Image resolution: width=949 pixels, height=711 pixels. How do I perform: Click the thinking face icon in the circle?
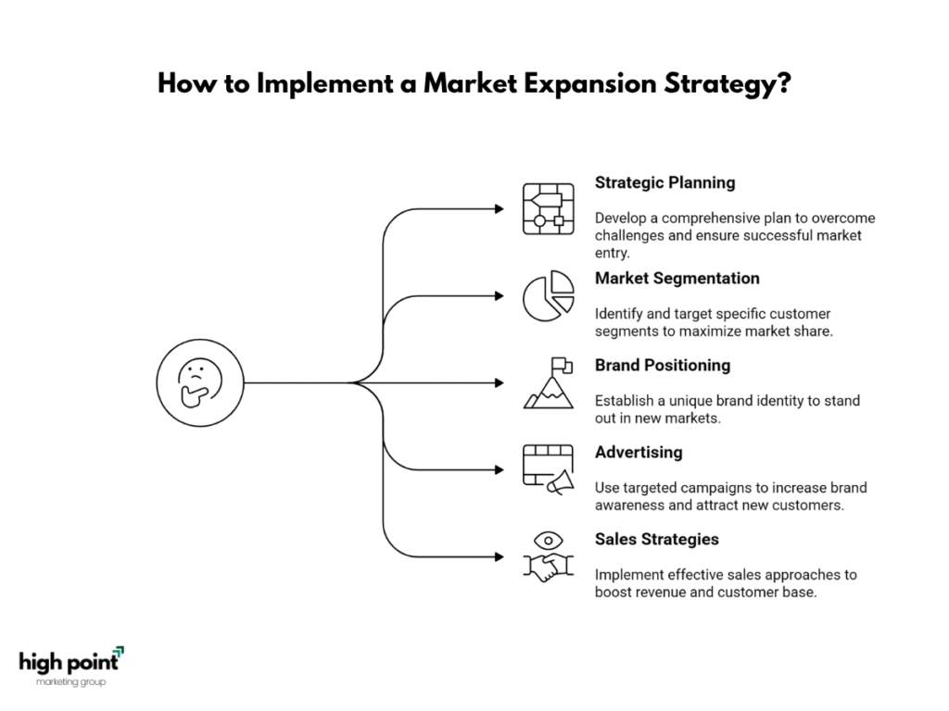[x=200, y=382]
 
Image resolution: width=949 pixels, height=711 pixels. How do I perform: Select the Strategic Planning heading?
[x=664, y=182]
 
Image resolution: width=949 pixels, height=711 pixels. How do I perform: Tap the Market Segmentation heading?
[x=677, y=278]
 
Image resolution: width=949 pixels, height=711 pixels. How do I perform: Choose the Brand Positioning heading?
[x=662, y=365]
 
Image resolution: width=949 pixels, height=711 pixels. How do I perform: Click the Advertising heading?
[x=639, y=452]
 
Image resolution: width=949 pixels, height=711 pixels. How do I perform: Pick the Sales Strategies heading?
[x=657, y=540]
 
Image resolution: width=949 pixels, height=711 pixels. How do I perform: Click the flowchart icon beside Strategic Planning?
[x=549, y=209]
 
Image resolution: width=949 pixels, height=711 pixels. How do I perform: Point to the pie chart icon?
[x=549, y=296]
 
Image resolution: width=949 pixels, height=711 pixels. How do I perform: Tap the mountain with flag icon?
[x=549, y=383]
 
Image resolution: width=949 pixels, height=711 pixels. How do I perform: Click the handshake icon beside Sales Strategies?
[x=549, y=568]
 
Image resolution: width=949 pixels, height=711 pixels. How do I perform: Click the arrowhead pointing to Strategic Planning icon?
[x=500, y=209]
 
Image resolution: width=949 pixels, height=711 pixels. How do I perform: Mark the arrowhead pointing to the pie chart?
[x=500, y=296]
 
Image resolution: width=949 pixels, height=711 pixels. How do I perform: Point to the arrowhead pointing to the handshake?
[x=500, y=556]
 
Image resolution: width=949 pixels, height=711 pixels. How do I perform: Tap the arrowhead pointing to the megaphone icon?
[x=500, y=469]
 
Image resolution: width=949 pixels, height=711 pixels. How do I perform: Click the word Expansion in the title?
[x=590, y=84]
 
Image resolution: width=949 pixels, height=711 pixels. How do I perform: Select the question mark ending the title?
[x=784, y=82]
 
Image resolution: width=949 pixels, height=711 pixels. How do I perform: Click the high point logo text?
[x=70, y=662]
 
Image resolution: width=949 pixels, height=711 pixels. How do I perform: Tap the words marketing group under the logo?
[x=70, y=682]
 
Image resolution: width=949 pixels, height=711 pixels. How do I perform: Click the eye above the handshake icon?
[x=549, y=540]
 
